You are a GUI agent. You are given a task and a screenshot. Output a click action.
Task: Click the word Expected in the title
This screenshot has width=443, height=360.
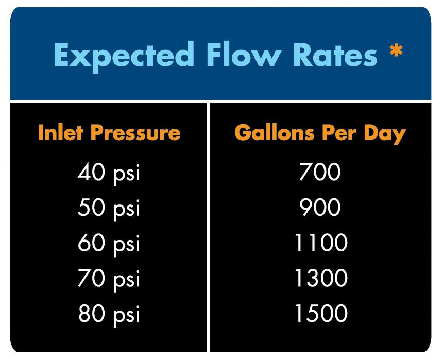click(x=124, y=55)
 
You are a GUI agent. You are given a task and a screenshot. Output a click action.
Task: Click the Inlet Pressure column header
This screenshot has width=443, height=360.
click(x=109, y=133)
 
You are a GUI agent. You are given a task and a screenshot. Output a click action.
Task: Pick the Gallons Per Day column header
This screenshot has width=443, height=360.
click(x=320, y=133)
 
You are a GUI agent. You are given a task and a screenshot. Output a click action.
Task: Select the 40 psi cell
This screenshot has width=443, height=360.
click(x=109, y=173)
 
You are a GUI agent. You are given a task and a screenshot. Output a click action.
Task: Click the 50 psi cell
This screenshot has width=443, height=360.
click(x=109, y=208)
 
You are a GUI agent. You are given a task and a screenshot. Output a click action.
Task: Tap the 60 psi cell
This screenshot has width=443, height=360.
click(x=109, y=243)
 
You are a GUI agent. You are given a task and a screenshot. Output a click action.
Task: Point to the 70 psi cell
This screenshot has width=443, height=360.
click(x=109, y=279)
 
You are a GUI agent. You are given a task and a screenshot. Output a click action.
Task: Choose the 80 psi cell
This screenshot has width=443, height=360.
click(x=109, y=314)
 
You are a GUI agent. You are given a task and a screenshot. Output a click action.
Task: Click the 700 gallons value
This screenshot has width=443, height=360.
click(x=320, y=172)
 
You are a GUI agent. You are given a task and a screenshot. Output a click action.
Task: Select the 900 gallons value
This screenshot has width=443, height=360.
click(x=320, y=208)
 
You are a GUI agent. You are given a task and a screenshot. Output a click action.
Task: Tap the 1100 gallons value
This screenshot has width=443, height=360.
click(x=320, y=243)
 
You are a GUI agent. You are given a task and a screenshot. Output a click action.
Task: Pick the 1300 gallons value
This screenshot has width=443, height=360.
click(x=320, y=278)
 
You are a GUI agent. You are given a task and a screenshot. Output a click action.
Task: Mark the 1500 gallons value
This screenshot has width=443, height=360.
click(x=320, y=313)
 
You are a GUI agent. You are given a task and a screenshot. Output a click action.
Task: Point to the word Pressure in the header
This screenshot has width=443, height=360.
click(x=135, y=133)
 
